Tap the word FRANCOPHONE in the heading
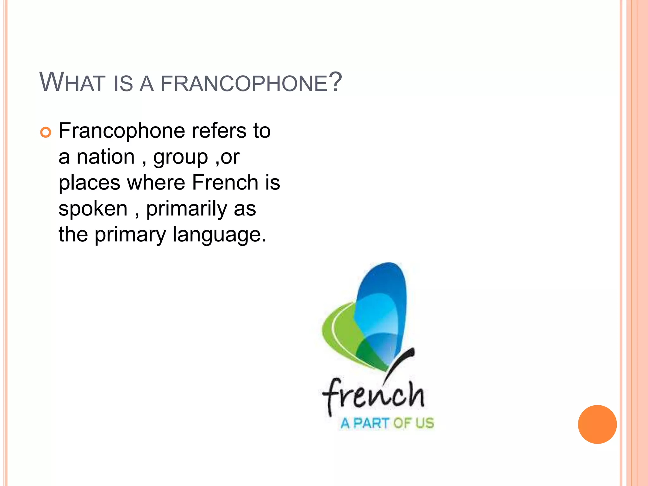point(244,84)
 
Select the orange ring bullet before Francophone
point(46,132)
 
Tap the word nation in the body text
point(106,157)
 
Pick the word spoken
point(93,209)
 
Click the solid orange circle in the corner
point(597,424)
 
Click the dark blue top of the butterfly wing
point(384,278)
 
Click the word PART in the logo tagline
point(371,423)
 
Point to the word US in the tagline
point(424,423)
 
